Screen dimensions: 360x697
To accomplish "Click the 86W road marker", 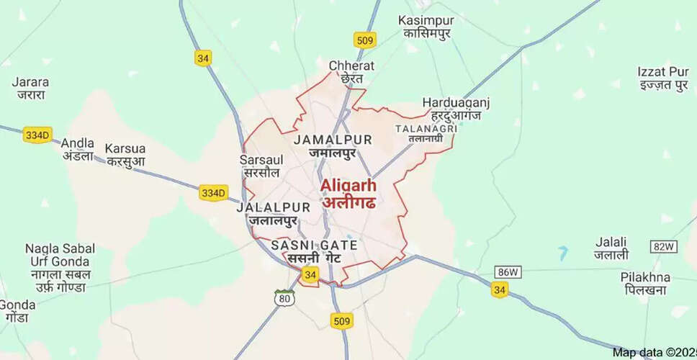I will [x=505, y=271].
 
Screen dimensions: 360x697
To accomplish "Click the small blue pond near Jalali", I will [x=562, y=253].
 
